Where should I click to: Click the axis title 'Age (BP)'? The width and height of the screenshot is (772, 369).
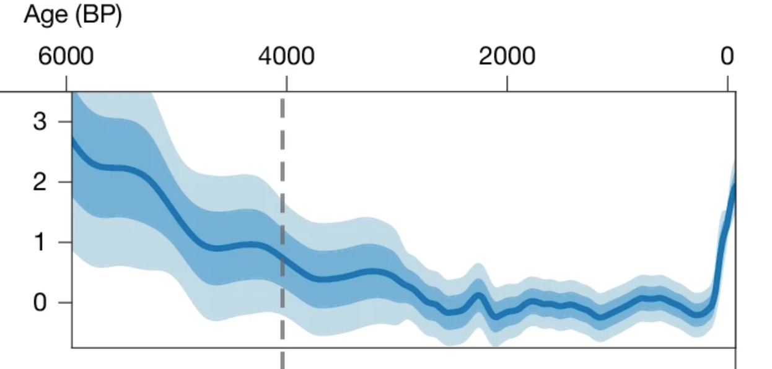(72, 15)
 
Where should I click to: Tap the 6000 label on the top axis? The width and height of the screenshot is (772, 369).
(66, 57)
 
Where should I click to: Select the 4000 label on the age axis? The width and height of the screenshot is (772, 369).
(286, 57)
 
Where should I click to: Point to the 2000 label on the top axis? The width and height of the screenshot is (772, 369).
(507, 57)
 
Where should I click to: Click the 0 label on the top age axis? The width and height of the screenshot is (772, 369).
(727, 57)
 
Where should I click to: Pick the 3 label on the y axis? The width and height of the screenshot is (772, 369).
(40, 122)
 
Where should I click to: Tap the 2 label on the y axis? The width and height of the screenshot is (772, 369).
(40, 182)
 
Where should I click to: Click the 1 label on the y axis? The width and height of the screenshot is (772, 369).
(40, 242)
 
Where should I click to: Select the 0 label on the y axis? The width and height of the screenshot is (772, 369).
(40, 303)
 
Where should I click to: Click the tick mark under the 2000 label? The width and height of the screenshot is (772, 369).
(507, 84)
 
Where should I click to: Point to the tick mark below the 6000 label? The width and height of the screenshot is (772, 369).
(66, 84)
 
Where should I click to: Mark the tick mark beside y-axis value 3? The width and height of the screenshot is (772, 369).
(65, 122)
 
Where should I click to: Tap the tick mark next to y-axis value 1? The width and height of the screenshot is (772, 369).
(65, 242)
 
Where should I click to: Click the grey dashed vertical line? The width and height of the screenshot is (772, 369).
(283, 155)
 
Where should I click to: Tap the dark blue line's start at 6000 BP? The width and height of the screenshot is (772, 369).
(74, 139)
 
